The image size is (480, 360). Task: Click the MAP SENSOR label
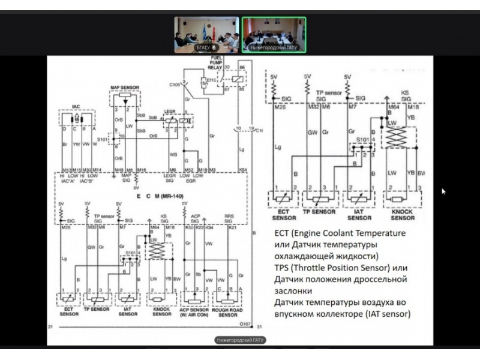click(x=125, y=88)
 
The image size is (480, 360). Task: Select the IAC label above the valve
click(x=76, y=107)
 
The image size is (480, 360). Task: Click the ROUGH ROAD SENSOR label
click(x=229, y=313)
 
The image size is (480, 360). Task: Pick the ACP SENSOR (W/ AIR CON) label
click(x=194, y=313)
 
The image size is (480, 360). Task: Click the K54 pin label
click(x=243, y=170)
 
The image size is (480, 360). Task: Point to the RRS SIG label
click(x=229, y=219)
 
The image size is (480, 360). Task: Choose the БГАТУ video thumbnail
click(x=206, y=35)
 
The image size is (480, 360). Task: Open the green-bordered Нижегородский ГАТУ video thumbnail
click(x=273, y=35)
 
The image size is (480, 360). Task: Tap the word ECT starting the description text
click(x=282, y=233)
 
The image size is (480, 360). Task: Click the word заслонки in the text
click(x=292, y=291)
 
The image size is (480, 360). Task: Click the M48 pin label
click(x=119, y=170)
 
